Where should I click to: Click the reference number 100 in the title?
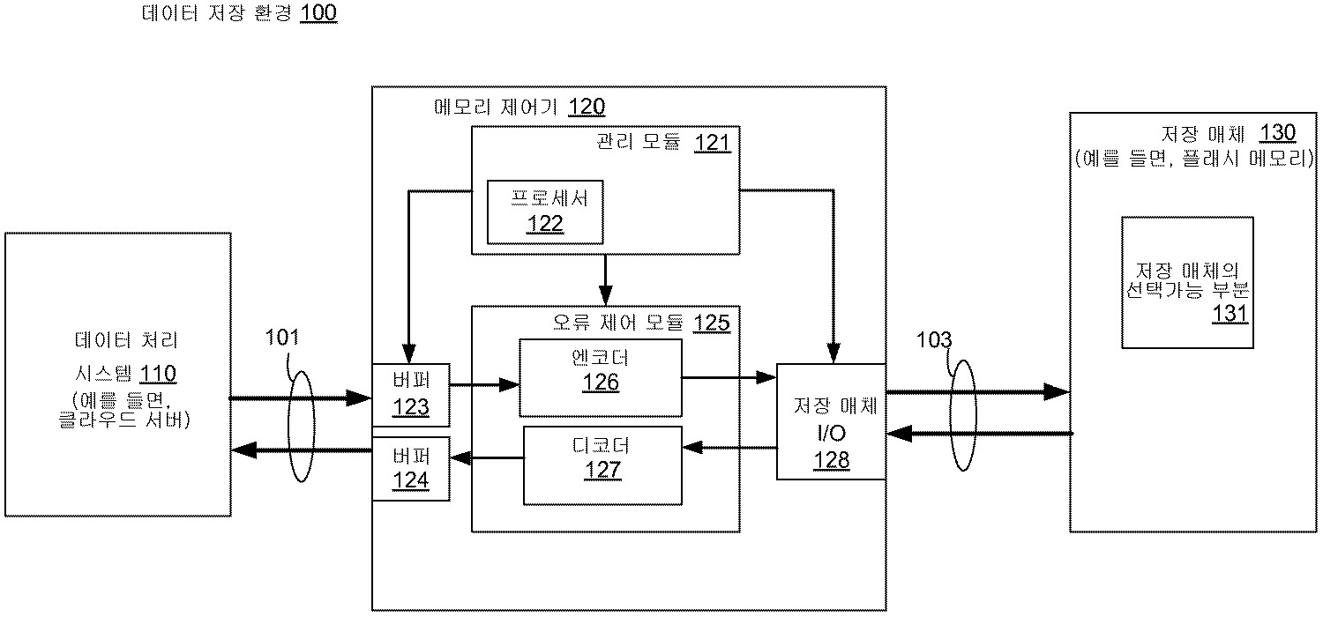(x=318, y=15)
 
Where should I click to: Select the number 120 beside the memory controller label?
(x=587, y=108)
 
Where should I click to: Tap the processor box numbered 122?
(x=545, y=212)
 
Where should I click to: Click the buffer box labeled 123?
(x=412, y=395)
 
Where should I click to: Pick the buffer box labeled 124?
(x=412, y=468)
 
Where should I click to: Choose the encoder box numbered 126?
(x=601, y=376)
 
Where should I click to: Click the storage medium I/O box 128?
(x=831, y=421)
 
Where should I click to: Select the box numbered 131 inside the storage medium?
(x=1186, y=282)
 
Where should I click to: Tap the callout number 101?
(x=283, y=337)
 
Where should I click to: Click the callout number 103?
(x=935, y=339)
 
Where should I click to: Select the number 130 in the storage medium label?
(x=1277, y=133)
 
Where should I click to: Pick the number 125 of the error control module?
(x=712, y=323)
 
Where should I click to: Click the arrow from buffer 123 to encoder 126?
(x=485, y=384)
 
